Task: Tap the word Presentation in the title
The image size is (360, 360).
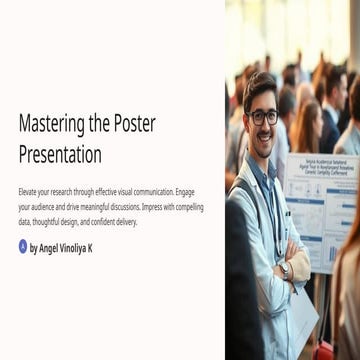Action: click(60, 154)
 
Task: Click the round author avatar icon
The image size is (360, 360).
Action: click(23, 246)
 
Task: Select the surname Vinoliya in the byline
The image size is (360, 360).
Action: click(77, 247)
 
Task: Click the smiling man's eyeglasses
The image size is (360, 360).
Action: click(263, 117)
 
